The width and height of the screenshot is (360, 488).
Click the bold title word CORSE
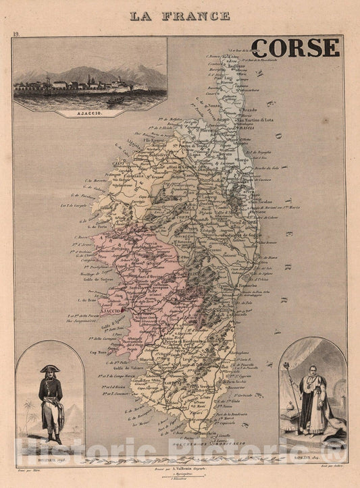click(x=295, y=47)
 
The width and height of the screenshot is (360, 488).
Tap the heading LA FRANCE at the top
click(x=180, y=15)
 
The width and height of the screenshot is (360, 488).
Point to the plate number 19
click(x=16, y=34)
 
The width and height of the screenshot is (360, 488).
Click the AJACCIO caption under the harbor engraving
click(x=90, y=113)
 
